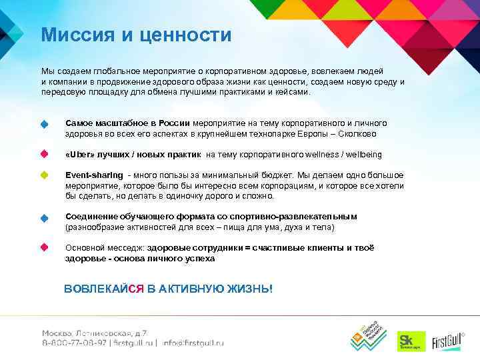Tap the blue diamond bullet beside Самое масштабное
45,125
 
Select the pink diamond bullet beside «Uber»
45,154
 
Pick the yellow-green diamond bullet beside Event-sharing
45,175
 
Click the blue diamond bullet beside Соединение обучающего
45,217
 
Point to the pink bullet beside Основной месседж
45,247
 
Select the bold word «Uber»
80,155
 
